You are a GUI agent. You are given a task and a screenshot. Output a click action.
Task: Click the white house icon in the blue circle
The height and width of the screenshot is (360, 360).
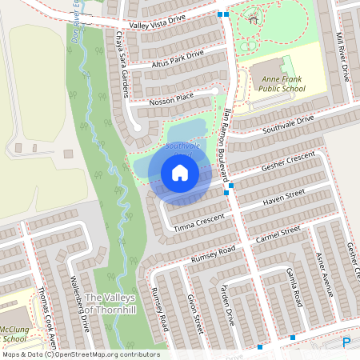[x=180, y=172]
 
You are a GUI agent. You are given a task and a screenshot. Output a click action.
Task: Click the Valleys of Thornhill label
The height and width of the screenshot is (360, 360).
[x=112, y=303]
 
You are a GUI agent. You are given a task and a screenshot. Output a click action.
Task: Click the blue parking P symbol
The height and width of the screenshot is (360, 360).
[x=346, y=342]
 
